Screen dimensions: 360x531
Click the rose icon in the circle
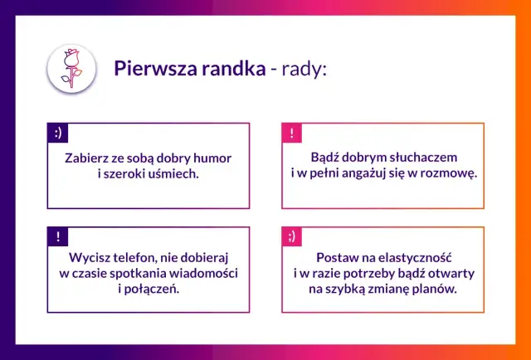click(70, 68)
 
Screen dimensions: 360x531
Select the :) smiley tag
click(58, 132)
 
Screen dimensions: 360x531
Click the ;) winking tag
click(292, 236)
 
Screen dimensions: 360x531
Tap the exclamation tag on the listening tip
click(292, 132)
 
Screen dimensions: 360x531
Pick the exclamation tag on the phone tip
click(58, 236)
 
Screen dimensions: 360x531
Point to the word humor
click(211, 157)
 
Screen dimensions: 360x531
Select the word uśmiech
click(173, 173)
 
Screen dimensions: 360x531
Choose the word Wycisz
click(90, 258)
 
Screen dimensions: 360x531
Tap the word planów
click(432, 290)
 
